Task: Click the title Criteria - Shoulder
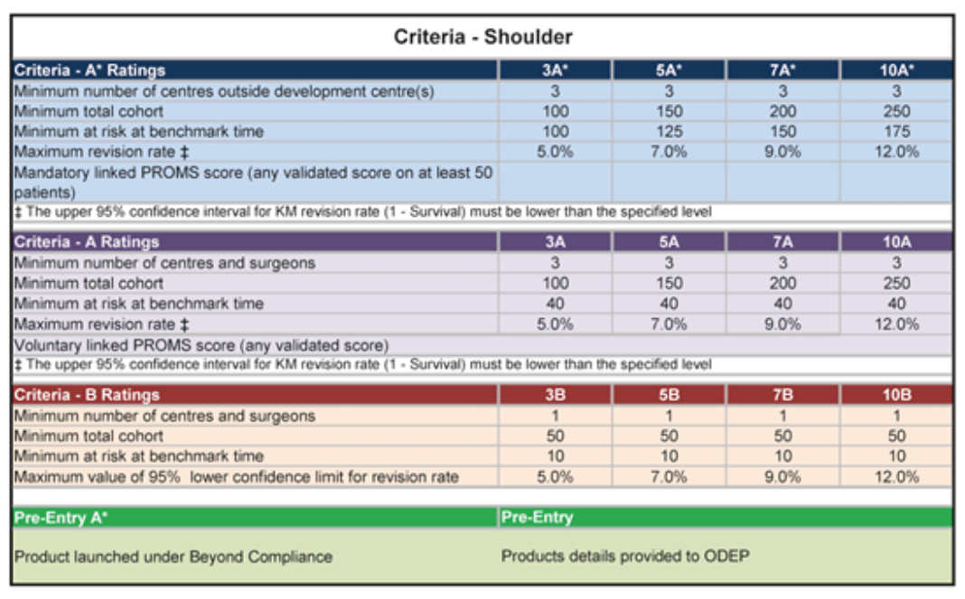pos(482,37)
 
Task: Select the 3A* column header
pos(555,70)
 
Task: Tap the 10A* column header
pos(896,70)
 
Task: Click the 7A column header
pos(782,242)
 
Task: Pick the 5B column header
pos(669,395)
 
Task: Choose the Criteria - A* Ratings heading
pos(89,70)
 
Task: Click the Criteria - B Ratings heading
pos(87,395)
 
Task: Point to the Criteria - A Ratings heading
pos(86,242)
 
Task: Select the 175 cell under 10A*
pos(896,132)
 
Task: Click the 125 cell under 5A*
pos(669,132)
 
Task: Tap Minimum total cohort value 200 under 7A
pos(782,284)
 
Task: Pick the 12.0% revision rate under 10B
pos(896,476)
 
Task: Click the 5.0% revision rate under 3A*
pos(555,152)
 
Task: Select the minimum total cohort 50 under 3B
pos(555,436)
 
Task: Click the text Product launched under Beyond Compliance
pos(173,557)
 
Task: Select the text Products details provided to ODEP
pos(625,557)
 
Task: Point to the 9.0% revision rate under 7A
pos(782,324)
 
